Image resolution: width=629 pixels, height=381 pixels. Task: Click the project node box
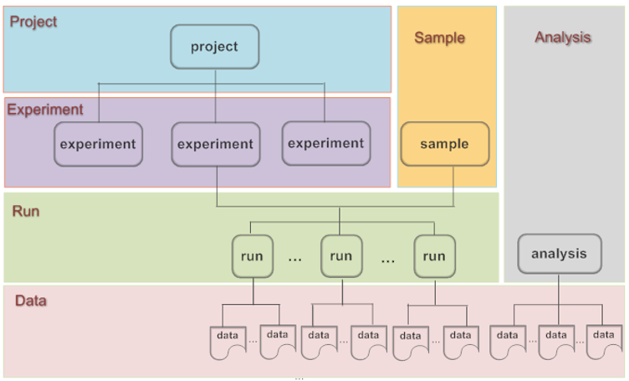tap(215, 46)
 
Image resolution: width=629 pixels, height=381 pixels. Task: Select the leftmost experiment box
tap(97, 144)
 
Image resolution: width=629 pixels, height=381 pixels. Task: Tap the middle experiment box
tap(215, 144)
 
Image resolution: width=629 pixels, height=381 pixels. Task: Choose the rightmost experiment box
tap(325, 143)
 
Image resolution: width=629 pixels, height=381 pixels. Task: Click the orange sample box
tap(444, 143)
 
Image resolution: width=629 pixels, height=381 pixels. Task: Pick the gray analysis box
tap(559, 254)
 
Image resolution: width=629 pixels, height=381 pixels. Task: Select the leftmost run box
tap(253, 255)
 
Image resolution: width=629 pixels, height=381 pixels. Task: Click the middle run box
tap(340, 255)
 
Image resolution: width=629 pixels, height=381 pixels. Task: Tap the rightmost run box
tap(434, 255)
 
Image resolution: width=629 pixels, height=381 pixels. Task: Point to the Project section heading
tap(33, 22)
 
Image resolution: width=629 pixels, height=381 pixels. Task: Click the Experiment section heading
tap(45, 110)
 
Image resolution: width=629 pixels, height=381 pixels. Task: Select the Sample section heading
tap(439, 38)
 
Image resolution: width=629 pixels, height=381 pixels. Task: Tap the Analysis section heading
tap(563, 38)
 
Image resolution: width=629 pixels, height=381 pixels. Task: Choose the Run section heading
tap(26, 211)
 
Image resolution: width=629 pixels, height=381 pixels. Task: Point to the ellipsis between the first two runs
tap(294, 259)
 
